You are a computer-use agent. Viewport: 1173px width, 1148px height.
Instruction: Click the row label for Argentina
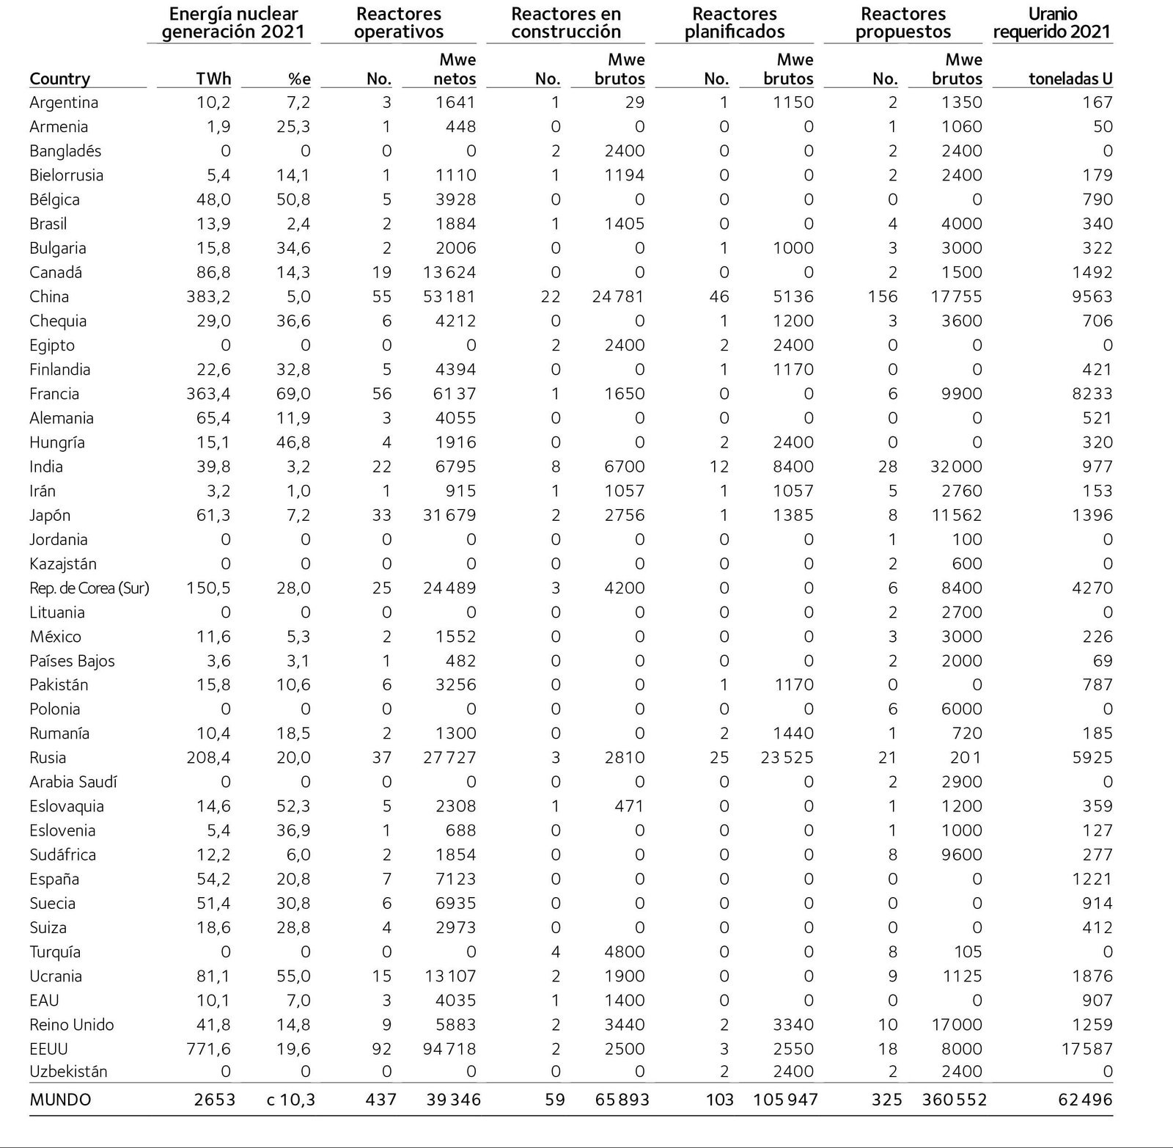coord(64,103)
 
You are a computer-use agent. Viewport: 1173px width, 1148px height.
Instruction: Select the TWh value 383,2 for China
coord(208,297)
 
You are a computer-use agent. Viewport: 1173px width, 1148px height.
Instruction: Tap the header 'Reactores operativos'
coord(399,23)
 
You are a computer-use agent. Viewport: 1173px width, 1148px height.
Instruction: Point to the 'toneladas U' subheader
coord(1070,79)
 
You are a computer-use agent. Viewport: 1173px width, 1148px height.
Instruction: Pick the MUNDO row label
coord(60,1100)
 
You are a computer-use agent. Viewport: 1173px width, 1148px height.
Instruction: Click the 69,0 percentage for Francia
coord(293,394)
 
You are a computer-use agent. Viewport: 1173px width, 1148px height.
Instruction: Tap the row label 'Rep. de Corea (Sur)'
coord(89,588)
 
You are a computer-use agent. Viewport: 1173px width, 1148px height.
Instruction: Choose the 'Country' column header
coord(59,79)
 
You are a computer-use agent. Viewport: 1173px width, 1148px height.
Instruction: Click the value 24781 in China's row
coord(618,297)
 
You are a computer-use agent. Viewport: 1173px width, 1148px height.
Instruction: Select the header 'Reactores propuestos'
coord(903,23)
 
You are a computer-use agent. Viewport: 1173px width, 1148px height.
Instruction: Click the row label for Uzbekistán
coord(68,1071)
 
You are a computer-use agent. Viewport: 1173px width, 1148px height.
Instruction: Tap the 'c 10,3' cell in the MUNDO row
coord(291,1100)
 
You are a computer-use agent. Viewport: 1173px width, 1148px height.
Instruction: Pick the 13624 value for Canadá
coord(449,273)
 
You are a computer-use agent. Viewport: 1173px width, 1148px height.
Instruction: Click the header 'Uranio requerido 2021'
coord(1051,23)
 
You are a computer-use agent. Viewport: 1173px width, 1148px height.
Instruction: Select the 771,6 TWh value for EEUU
coord(208,1049)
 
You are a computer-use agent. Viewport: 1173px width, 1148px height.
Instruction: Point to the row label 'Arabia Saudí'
coord(73,782)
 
